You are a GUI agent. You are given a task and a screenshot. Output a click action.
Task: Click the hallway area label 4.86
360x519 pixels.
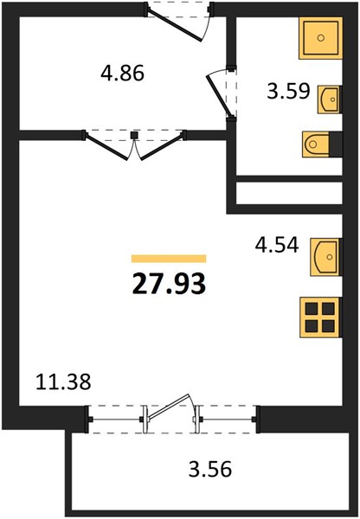point(123,73)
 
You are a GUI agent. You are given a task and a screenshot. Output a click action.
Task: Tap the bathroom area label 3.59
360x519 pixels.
point(288,91)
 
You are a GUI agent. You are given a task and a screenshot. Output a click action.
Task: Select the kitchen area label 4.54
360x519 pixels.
point(277,246)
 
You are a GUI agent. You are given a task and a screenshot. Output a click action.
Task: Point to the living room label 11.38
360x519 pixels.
point(63,381)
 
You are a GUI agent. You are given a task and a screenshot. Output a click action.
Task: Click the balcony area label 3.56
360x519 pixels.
point(210,469)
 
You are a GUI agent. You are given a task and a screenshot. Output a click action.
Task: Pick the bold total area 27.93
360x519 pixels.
point(169,285)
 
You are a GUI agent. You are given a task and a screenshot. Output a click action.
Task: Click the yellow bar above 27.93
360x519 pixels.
point(169,259)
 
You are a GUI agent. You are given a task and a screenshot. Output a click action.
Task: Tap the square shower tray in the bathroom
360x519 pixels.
point(320,38)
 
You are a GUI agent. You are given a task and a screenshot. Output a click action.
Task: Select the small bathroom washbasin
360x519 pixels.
point(329,99)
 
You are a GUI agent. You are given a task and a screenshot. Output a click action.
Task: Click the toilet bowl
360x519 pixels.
point(315,144)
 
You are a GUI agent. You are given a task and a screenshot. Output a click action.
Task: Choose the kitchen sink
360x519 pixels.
point(325,257)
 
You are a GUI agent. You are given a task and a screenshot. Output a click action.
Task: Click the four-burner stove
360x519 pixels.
point(320,317)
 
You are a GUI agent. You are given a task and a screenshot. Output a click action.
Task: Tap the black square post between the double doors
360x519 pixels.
point(134,135)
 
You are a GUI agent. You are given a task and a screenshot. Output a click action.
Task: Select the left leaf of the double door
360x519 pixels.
point(106,148)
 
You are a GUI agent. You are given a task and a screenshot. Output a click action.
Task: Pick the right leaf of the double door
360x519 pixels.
point(162,148)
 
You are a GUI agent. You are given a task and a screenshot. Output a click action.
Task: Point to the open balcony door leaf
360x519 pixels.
point(169,407)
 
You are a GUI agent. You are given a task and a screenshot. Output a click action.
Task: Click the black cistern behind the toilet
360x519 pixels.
point(336,144)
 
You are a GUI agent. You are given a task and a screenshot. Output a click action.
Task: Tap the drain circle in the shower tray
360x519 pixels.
point(320,38)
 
